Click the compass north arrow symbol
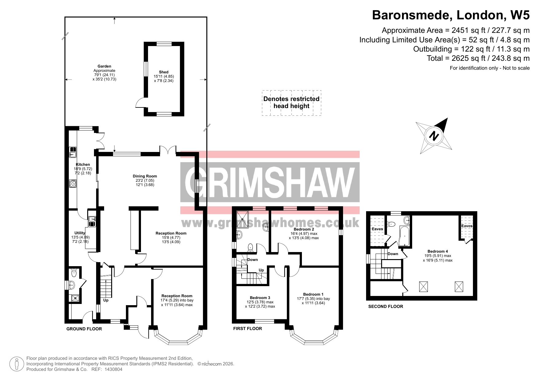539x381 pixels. [434, 136]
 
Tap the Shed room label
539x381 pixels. [164, 72]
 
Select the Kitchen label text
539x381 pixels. [83, 165]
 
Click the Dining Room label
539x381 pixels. [145, 176]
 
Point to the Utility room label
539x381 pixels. [80, 233]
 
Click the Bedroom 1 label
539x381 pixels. [313, 294]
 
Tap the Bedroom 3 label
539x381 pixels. [260, 298]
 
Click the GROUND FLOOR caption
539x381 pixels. [84, 329]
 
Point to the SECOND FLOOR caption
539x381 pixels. [386, 306]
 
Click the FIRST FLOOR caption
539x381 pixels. [248, 329]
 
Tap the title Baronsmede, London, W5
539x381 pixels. [451, 15]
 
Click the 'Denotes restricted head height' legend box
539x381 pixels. [291, 103]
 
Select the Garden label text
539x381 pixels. [104, 66]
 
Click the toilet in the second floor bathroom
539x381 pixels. [391, 224]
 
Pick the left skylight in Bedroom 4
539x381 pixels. [424, 287]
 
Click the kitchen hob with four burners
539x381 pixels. [73, 184]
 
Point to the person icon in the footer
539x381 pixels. [17, 364]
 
